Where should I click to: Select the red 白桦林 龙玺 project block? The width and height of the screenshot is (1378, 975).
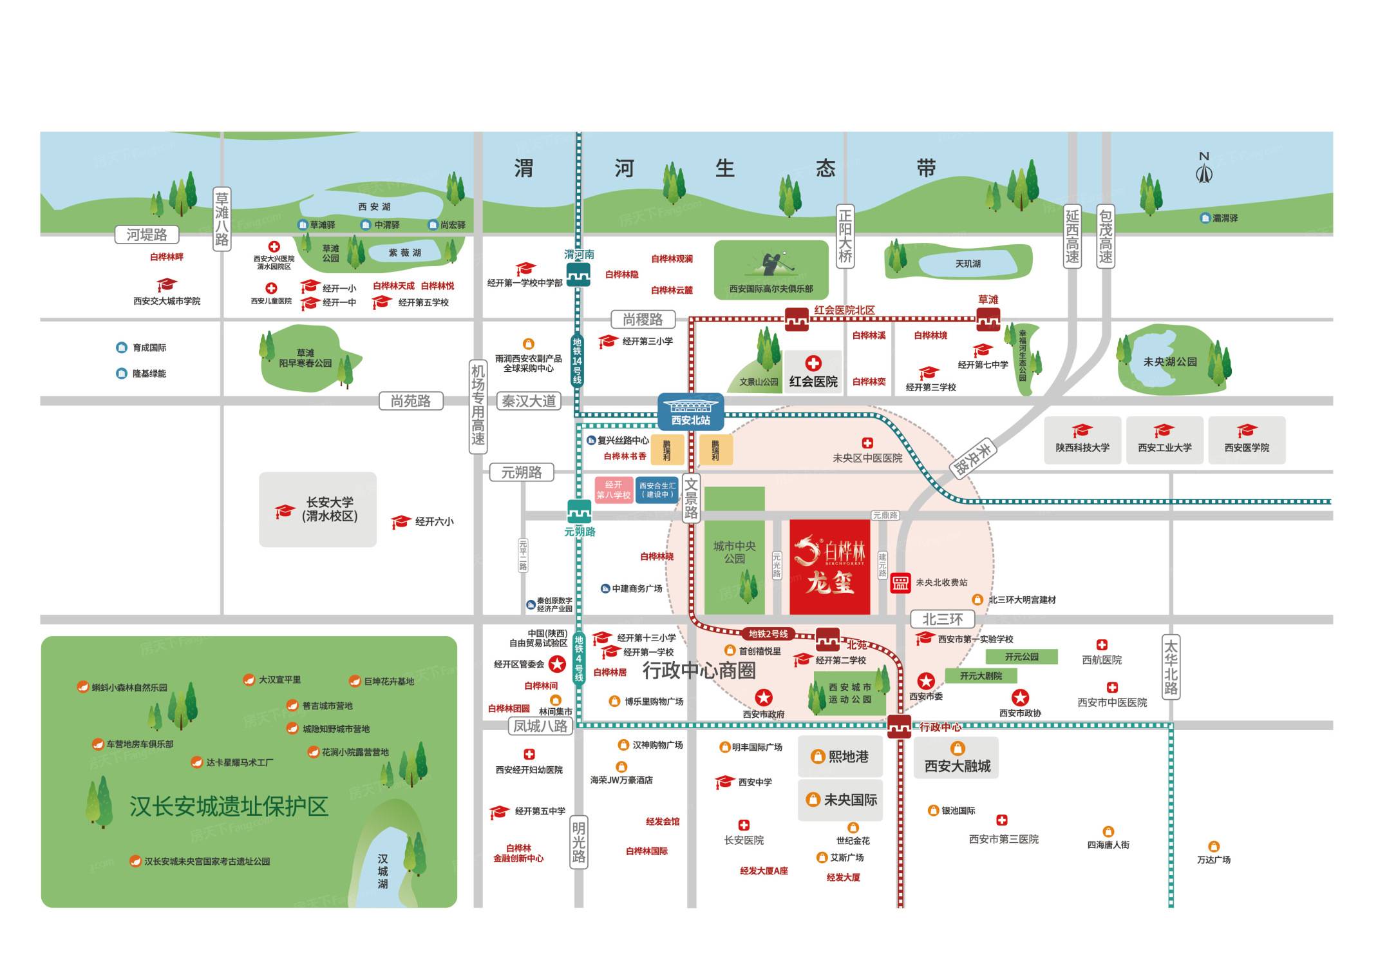click(x=830, y=566)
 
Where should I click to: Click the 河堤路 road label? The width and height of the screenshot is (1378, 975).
click(x=146, y=235)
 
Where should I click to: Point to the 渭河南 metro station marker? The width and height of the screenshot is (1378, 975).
click(x=578, y=275)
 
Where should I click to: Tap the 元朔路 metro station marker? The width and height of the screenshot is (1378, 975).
click(x=579, y=512)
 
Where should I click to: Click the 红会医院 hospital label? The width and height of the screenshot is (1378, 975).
click(x=813, y=381)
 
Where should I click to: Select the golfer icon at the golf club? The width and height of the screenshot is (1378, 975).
click(x=771, y=262)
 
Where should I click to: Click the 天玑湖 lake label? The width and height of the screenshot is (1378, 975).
click(x=967, y=264)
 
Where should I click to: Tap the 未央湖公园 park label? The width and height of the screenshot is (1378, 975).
click(x=1169, y=362)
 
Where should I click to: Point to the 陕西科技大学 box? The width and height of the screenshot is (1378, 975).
click(x=1082, y=440)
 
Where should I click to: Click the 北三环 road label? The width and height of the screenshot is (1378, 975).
click(x=942, y=619)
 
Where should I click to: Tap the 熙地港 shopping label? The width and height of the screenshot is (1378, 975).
click(x=840, y=757)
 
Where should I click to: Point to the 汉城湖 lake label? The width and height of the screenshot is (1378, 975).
click(x=382, y=871)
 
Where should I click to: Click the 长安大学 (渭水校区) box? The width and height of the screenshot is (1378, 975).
click(x=318, y=509)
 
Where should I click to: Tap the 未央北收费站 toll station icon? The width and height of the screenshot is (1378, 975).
click(x=900, y=583)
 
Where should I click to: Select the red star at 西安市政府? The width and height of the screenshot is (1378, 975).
click(x=763, y=697)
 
